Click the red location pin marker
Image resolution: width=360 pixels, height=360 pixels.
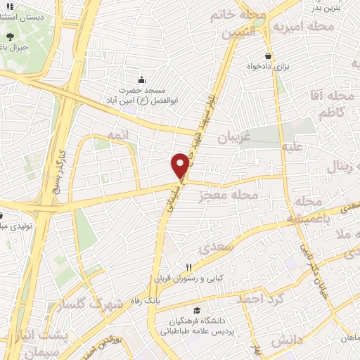(180, 165)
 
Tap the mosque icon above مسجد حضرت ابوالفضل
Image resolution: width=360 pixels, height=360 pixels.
(141, 79)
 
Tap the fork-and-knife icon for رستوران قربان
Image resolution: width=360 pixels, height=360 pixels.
(188, 267)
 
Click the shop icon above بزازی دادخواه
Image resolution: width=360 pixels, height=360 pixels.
(268, 56)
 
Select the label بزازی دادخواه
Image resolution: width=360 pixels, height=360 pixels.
(271, 67)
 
